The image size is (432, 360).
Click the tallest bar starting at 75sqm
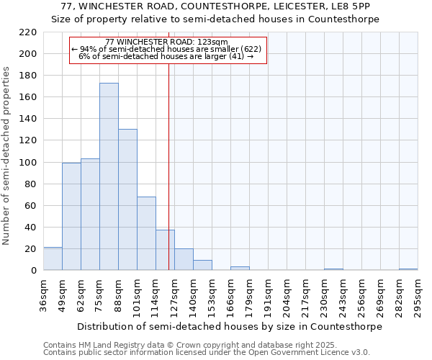point(109,176)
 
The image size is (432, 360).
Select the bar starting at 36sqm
point(53,258)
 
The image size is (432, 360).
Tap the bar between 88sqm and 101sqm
point(127,199)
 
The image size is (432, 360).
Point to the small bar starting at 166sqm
point(240,269)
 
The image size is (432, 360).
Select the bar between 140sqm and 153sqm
point(202,265)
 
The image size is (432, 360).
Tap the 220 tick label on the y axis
point(28,32)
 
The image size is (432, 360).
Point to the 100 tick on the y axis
point(28,163)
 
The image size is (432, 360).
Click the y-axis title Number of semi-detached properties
point(7,156)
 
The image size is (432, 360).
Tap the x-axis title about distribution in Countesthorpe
point(229,326)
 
